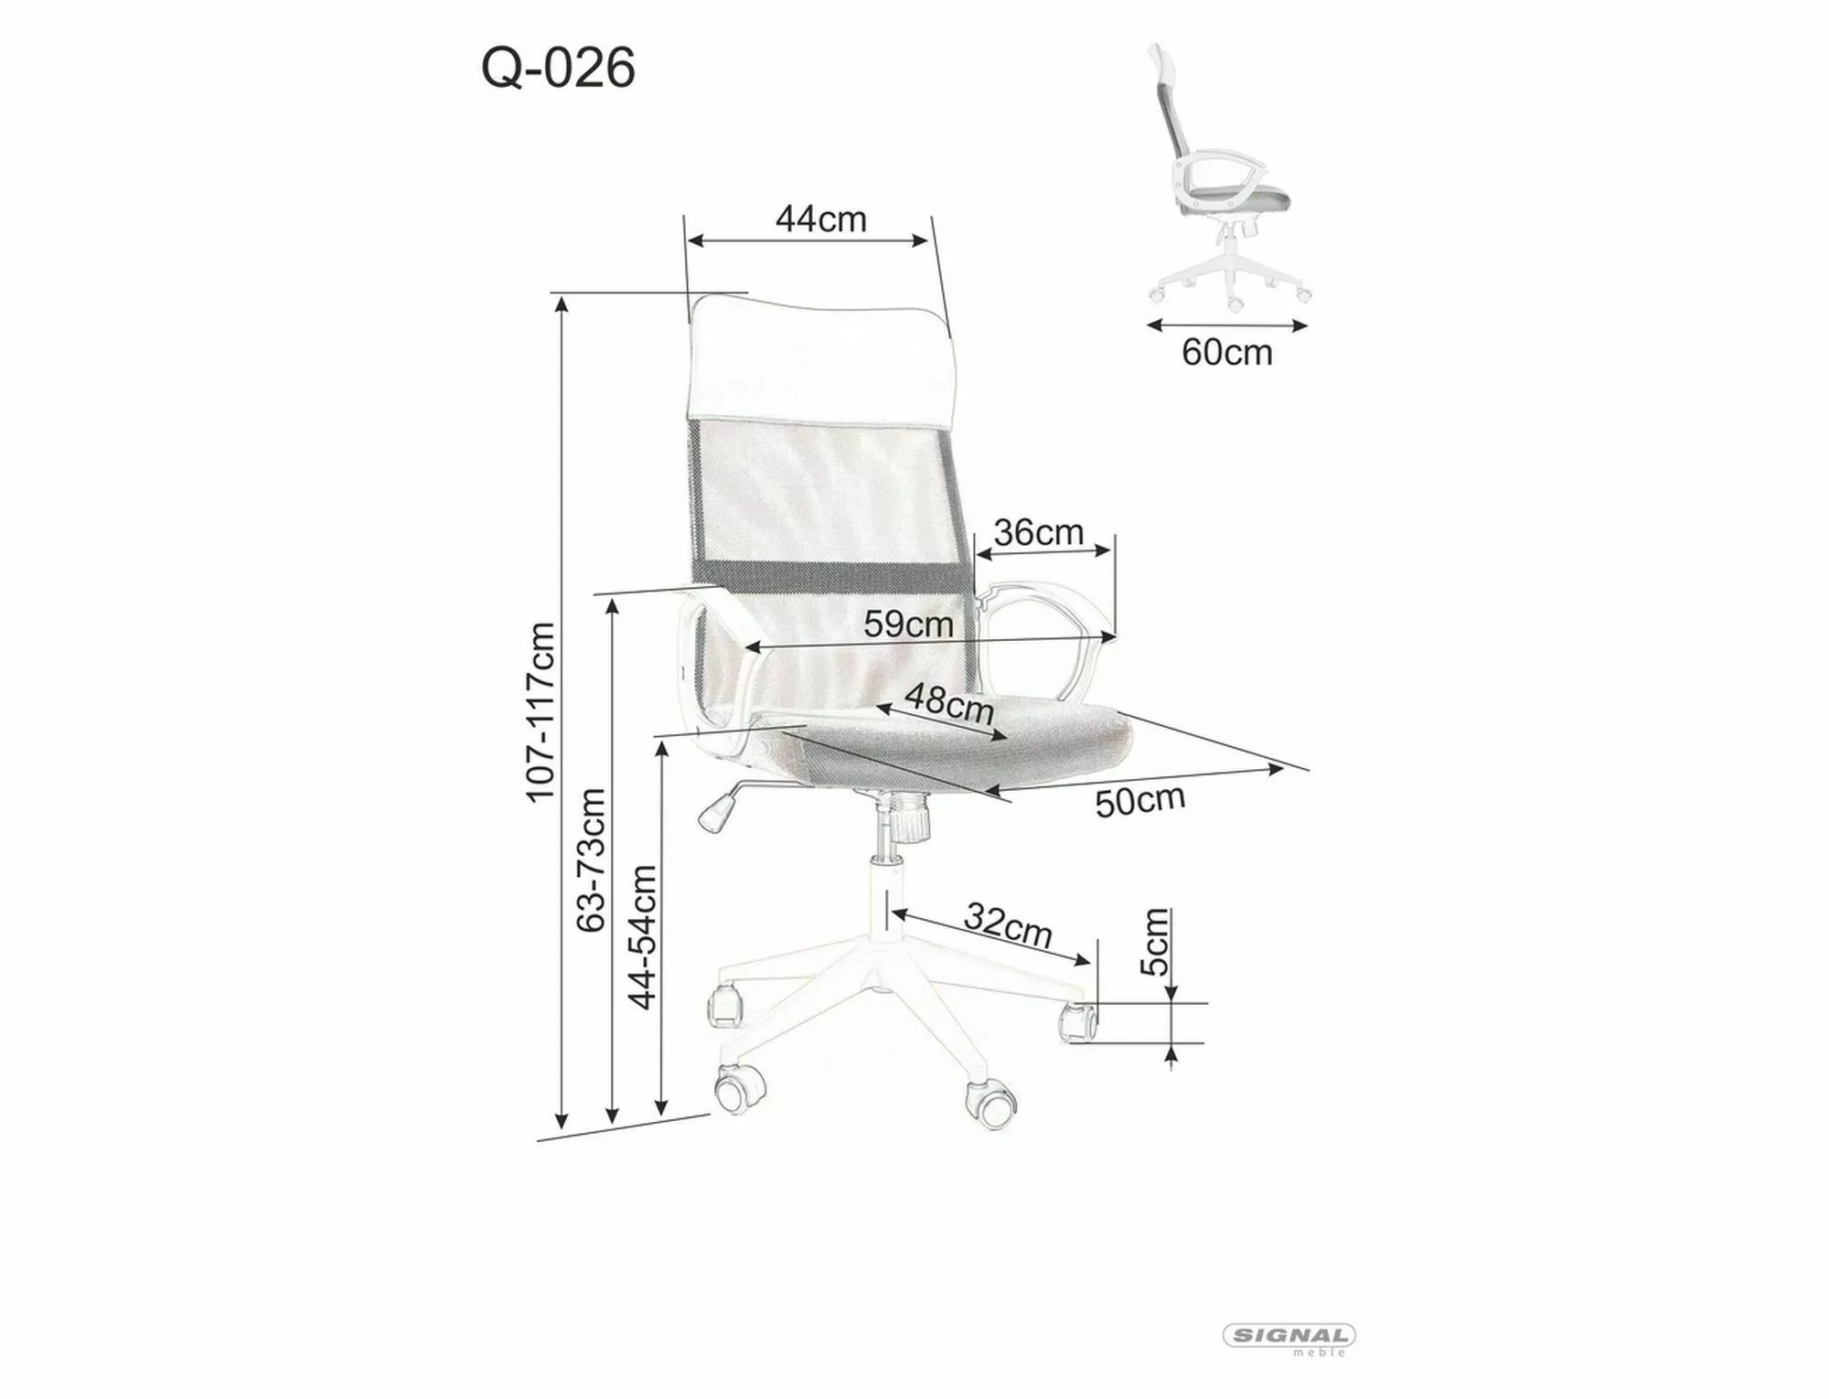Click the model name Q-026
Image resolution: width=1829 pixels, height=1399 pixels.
click(558, 69)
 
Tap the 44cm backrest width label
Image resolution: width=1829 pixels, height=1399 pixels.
click(820, 219)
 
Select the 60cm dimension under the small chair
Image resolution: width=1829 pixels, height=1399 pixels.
click(1226, 352)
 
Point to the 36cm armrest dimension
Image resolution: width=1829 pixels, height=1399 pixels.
click(1038, 532)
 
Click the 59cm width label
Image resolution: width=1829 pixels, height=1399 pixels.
click(908, 625)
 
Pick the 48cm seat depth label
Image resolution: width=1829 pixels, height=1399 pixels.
click(949, 705)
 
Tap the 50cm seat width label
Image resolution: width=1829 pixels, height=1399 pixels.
click(1139, 801)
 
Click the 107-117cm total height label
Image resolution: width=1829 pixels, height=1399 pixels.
click(540, 711)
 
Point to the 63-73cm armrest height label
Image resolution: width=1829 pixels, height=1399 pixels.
click(592, 860)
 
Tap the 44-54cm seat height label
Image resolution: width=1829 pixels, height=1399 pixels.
click(643, 936)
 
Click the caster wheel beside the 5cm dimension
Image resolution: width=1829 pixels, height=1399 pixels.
click(1077, 1020)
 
